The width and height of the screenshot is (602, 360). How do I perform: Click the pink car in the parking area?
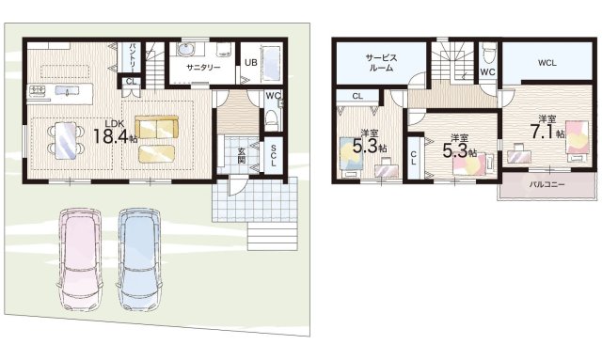coord(81,259)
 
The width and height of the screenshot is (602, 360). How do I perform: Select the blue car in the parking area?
coord(139,259)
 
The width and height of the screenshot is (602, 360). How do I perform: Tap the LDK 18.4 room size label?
coord(115,132)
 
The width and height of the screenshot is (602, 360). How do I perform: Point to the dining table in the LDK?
coord(66,140)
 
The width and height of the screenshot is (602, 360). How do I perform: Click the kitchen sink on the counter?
coord(67,90)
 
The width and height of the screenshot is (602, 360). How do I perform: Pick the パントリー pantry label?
coord(132,57)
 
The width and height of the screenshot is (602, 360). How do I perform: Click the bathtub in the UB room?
coord(272,64)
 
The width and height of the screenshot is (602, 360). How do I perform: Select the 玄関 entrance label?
coord(241,155)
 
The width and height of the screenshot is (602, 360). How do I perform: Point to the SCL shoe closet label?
coord(274,155)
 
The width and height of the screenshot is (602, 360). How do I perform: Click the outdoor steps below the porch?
coord(272,237)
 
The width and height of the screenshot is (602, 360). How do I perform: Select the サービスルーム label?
coord(381,63)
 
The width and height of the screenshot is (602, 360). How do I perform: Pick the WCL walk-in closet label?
coord(547,63)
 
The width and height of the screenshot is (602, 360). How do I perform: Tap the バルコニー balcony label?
coord(547,184)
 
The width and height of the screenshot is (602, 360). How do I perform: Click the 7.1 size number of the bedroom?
coord(542,132)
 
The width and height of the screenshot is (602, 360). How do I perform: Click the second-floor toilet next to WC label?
coord(489,55)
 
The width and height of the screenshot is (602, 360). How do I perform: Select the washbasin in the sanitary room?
coord(186,50)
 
